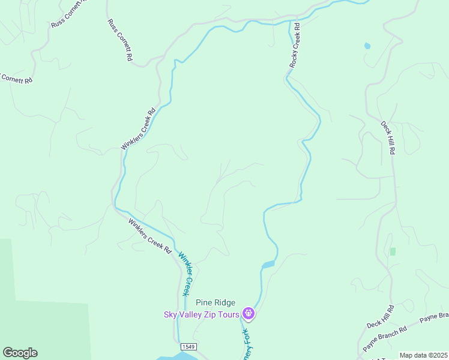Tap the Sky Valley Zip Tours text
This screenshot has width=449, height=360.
point(202,314)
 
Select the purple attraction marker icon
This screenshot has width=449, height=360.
point(249,313)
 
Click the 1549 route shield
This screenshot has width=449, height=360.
point(188,347)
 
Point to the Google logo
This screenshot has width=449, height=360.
point(20,353)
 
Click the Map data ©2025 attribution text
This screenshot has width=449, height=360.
point(423,355)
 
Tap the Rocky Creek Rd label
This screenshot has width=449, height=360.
point(294,46)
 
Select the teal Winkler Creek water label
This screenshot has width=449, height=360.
point(187,272)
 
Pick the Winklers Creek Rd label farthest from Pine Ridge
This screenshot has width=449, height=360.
point(139,128)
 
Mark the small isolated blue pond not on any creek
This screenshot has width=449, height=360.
point(367,46)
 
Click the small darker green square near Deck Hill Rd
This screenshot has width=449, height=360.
point(393,251)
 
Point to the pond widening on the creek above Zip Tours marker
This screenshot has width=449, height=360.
point(268,264)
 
